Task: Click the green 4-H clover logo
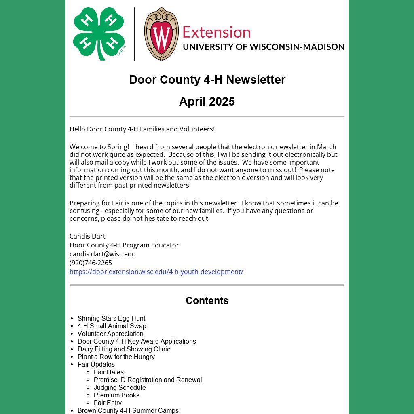(x=98, y=34)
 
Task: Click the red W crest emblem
(x=161, y=34)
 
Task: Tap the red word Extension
(x=216, y=32)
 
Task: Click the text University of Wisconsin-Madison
(x=263, y=47)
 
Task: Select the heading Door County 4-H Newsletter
(x=207, y=80)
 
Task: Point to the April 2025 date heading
(x=207, y=101)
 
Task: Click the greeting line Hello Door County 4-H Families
(x=142, y=129)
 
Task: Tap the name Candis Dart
(x=87, y=236)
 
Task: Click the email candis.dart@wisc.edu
(x=103, y=254)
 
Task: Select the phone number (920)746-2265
(x=91, y=263)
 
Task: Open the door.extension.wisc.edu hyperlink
(x=156, y=272)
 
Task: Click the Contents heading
(x=207, y=300)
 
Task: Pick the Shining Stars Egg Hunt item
(x=111, y=318)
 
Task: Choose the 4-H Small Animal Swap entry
(x=112, y=326)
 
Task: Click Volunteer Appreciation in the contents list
(x=110, y=334)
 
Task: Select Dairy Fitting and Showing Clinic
(x=124, y=349)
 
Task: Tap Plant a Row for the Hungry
(x=116, y=357)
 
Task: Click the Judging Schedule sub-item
(x=120, y=387)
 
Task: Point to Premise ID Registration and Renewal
(x=148, y=380)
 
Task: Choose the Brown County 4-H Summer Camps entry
(x=128, y=410)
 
